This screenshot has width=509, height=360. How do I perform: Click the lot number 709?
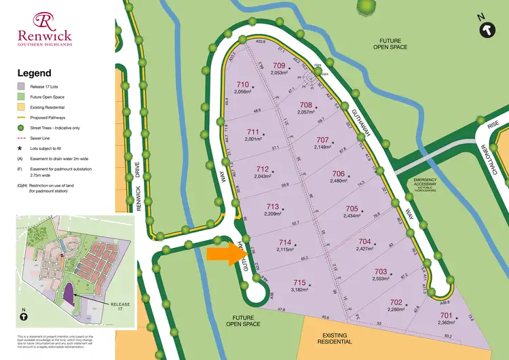[279, 66]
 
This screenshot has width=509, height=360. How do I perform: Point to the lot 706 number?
[339, 173]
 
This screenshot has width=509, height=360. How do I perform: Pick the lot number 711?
[253, 132]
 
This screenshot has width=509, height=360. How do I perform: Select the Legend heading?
[34, 73]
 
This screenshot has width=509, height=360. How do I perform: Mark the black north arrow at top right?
[486, 29]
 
